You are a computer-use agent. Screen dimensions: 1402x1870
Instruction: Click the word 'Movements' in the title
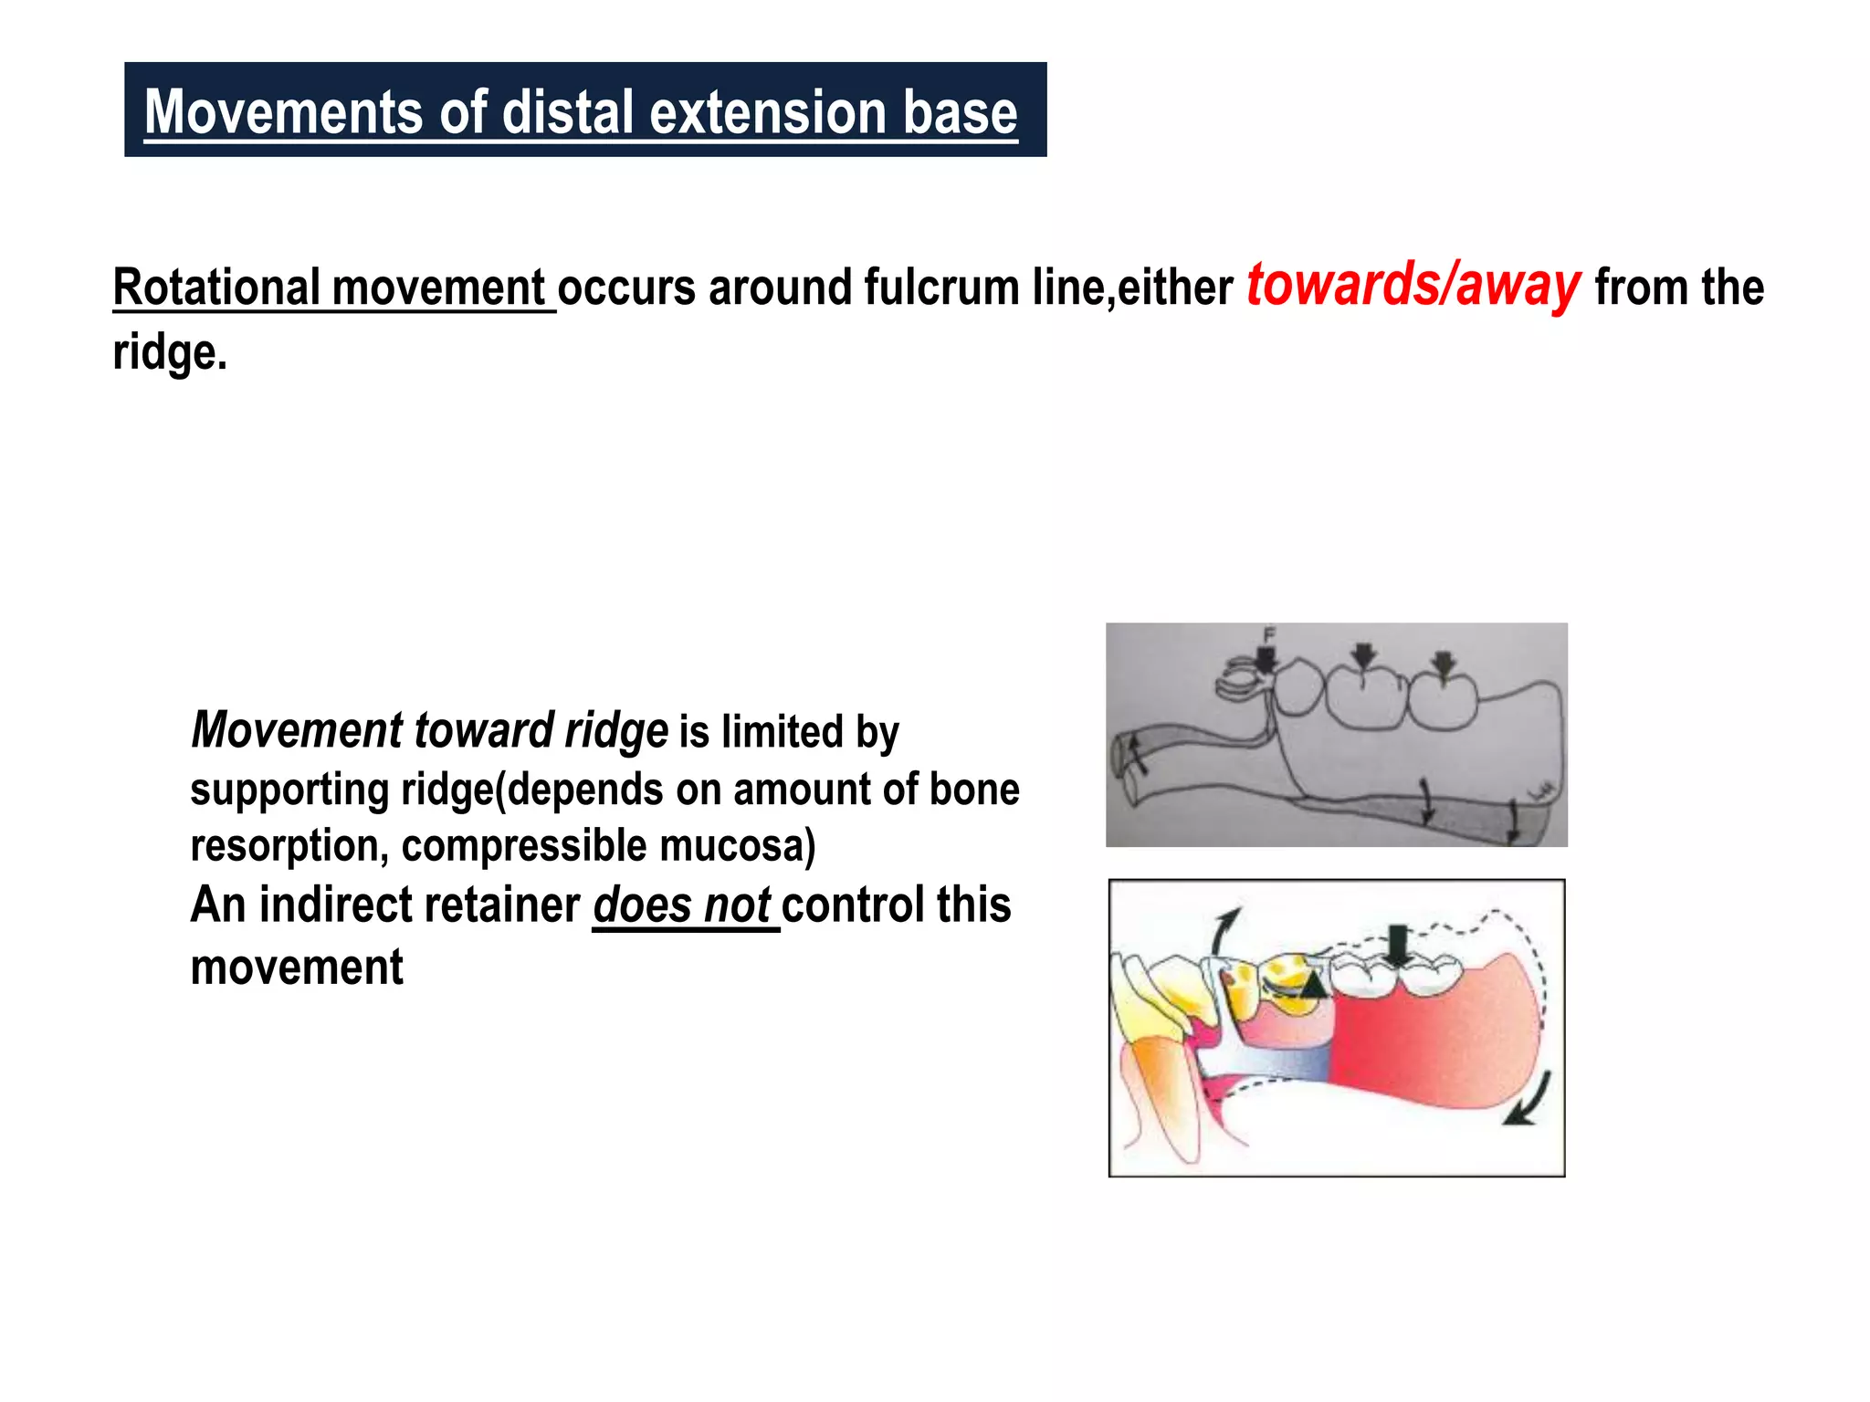283,112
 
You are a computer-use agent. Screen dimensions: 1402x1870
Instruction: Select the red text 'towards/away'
1413,286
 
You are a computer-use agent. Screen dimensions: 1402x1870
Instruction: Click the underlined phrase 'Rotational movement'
333,288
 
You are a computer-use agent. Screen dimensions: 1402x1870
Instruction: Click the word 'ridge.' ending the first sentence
170,352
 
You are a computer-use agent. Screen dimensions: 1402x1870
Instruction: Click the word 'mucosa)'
737,846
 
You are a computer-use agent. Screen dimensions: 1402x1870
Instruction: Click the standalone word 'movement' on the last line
297,968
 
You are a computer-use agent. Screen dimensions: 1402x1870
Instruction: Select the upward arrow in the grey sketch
1136,754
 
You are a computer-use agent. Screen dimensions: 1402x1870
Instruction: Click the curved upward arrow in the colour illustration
1225,929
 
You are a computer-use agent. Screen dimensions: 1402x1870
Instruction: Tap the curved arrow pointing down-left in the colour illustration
1527,1100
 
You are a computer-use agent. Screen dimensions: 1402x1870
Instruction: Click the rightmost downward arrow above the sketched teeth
1443,665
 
